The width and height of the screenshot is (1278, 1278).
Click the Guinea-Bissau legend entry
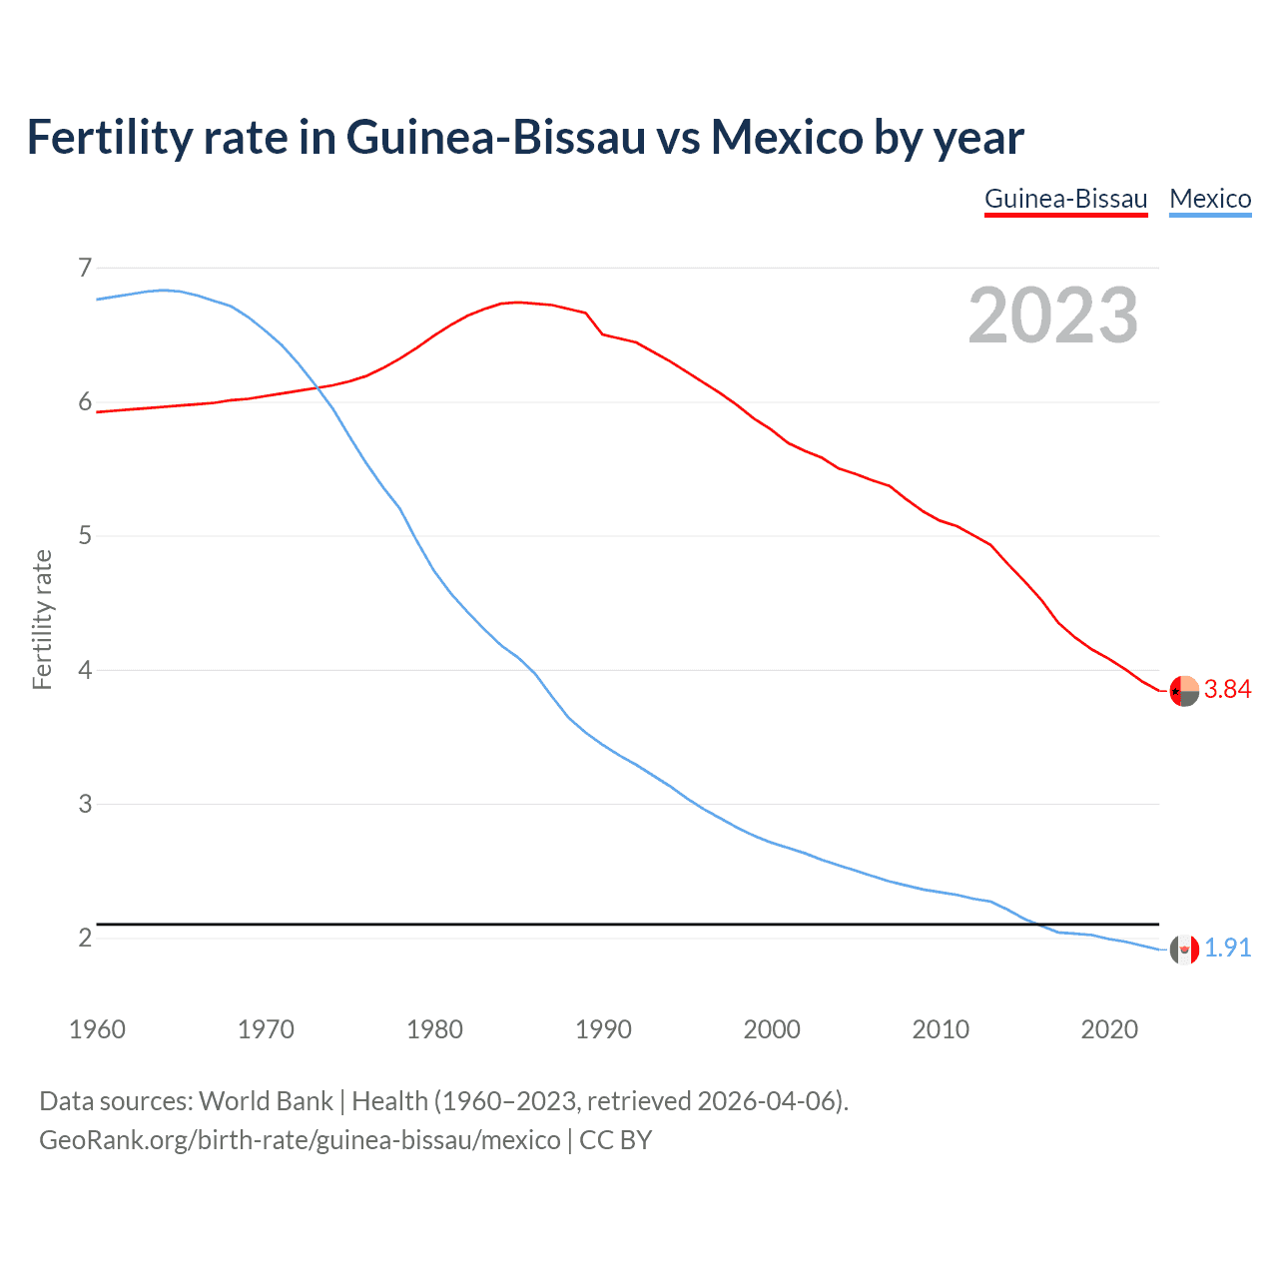click(1065, 199)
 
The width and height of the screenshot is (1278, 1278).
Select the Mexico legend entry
click(1210, 199)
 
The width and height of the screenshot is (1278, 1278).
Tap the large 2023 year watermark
click(1052, 316)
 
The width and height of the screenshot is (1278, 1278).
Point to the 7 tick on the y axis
click(85, 268)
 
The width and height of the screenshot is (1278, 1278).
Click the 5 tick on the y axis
click(85, 536)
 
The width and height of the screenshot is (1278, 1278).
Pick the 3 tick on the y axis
click(85, 804)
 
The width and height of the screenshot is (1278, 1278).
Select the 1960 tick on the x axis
click(97, 1029)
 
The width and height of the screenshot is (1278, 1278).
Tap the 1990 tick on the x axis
click(603, 1029)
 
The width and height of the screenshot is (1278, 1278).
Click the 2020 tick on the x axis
click(1109, 1029)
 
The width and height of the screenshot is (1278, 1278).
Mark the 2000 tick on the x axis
click(772, 1029)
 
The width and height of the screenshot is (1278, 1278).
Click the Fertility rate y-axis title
click(42, 619)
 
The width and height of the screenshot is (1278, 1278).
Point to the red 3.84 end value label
click(1227, 690)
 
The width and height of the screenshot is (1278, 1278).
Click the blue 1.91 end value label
click(1227, 948)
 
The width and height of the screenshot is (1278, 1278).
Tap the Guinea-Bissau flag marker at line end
click(1183, 690)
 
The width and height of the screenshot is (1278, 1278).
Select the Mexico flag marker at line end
click(1183, 950)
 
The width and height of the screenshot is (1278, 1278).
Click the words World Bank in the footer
click(266, 1101)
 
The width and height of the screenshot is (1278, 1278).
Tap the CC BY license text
click(615, 1140)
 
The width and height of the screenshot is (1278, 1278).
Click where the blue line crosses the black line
click(1037, 925)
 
